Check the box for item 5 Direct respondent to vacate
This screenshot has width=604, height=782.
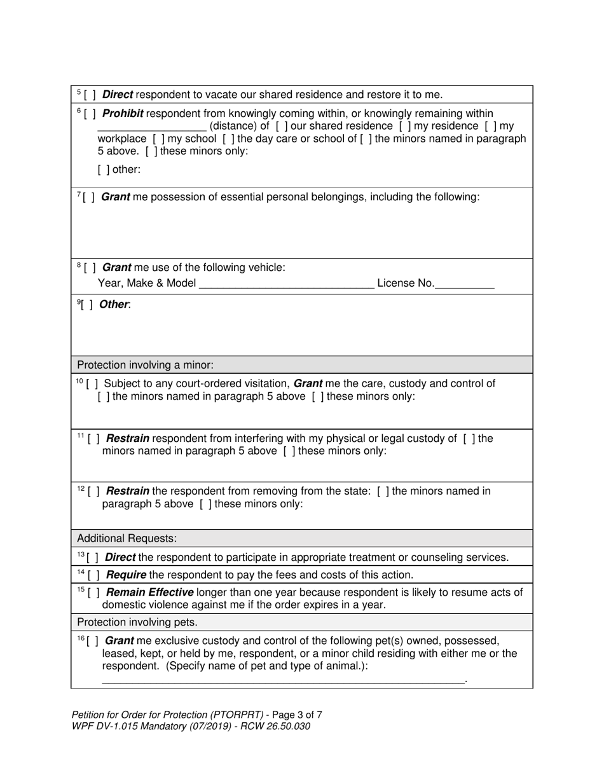[x=90, y=95]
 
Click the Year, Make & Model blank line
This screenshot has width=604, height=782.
[x=286, y=284]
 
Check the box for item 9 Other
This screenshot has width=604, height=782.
[x=87, y=305]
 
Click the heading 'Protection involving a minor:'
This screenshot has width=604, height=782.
[x=145, y=365]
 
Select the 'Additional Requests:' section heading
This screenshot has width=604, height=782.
[x=127, y=538]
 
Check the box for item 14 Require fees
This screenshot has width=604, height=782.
[x=93, y=575]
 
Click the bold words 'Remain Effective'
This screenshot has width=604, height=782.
[x=149, y=593]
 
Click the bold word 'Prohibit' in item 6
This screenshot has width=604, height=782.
[x=122, y=114]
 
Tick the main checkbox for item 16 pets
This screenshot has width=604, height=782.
[x=92, y=641]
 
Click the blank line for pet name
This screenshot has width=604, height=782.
[x=283, y=680]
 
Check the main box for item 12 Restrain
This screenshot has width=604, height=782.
[x=93, y=491]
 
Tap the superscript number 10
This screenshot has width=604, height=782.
[x=79, y=381]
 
